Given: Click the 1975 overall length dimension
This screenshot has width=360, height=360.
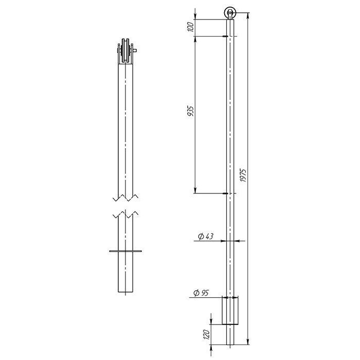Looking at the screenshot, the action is (x=243, y=176).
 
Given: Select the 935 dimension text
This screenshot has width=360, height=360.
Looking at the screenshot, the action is (x=191, y=111).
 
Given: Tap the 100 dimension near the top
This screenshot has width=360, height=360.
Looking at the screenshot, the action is (x=191, y=27).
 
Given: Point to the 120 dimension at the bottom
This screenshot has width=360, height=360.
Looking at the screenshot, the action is (x=207, y=334).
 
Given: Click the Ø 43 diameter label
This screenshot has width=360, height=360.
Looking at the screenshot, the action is (x=206, y=236).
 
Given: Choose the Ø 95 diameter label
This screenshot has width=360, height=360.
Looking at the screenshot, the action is (x=201, y=293).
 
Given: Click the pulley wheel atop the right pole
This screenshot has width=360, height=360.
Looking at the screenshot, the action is (x=230, y=13).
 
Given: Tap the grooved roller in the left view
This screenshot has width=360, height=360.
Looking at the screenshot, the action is (x=125, y=50).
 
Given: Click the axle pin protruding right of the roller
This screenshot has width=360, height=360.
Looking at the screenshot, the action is (x=135, y=50).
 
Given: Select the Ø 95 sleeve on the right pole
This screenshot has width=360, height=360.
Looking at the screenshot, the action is (x=230, y=311).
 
